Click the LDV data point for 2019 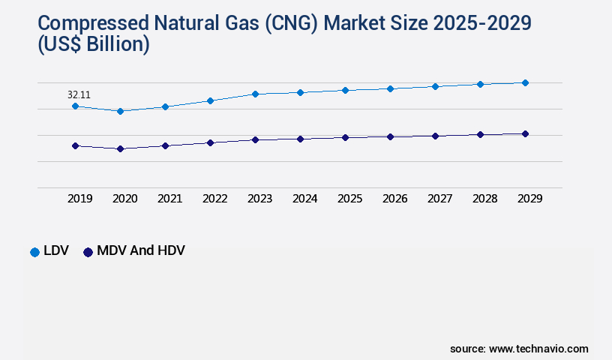pyautogui.click(x=75, y=106)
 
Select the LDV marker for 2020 pyautogui.click(x=120, y=111)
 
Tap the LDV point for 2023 pyautogui.click(x=255, y=94)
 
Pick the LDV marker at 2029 pyautogui.click(x=525, y=82)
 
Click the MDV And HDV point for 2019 pyautogui.click(x=75, y=145)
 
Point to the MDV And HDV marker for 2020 pyautogui.click(x=120, y=148)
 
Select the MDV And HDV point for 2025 pyautogui.click(x=345, y=137)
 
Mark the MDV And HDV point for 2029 pyautogui.click(x=525, y=133)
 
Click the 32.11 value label pyautogui.click(x=79, y=95)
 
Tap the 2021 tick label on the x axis pyautogui.click(x=170, y=199)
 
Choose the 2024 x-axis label pyautogui.click(x=305, y=199)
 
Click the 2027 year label pyautogui.click(x=440, y=199)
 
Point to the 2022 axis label pyautogui.click(x=215, y=199)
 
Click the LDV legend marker pyautogui.click(x=34, y=251)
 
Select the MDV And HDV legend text pyautogui.click(x=141, y=251)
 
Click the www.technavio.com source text pyautogui.click(x=538, y=349)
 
